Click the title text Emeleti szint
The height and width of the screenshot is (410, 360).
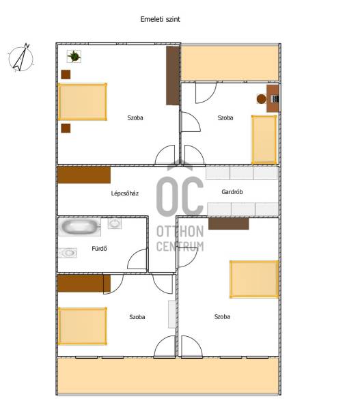click(160, 19)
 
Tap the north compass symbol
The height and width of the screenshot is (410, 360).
click(20, 58)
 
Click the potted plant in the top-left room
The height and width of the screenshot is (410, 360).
click(74, 56)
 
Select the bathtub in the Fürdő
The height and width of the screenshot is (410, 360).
click(79, 227)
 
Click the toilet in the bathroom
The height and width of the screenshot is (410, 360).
click(68, 253)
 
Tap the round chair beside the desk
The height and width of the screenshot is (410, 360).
click(262, 99)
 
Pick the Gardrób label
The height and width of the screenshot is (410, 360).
click(232, 192)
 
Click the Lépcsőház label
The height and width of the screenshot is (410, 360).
click(125, 193)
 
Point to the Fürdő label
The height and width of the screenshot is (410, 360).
click(99, 249)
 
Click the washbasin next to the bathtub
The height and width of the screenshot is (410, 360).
click(115, 223)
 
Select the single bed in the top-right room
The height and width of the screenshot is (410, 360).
click(264, 139)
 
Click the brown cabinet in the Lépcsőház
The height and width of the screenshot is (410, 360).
click(84, 175)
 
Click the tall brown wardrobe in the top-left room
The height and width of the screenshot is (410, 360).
click(173, 76)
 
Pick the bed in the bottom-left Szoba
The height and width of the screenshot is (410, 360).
click(83, 326)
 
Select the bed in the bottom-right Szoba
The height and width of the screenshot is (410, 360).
click(254, 279)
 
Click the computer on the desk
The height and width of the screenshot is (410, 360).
click(275, 99)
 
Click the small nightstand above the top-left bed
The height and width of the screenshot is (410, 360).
click(66, 74)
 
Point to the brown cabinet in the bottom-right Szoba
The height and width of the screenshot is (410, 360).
click(228, 224)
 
